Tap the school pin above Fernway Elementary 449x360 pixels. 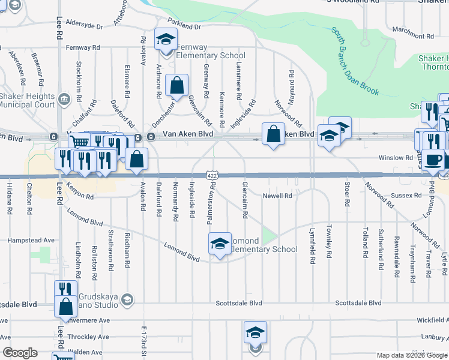[164, 40]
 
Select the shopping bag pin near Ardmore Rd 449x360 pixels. [177, 87]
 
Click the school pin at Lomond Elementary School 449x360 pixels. [220, 245]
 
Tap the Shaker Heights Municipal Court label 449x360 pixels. [28, 100]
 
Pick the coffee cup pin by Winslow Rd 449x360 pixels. [432, 160]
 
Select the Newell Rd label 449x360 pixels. [277, 196]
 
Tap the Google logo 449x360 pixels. [20, 353]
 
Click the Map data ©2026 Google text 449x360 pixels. [412, 355]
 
